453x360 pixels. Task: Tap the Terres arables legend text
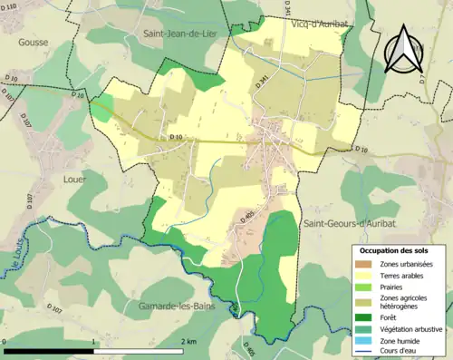402,276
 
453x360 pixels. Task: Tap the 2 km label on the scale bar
189,342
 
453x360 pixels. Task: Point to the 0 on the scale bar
5,342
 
